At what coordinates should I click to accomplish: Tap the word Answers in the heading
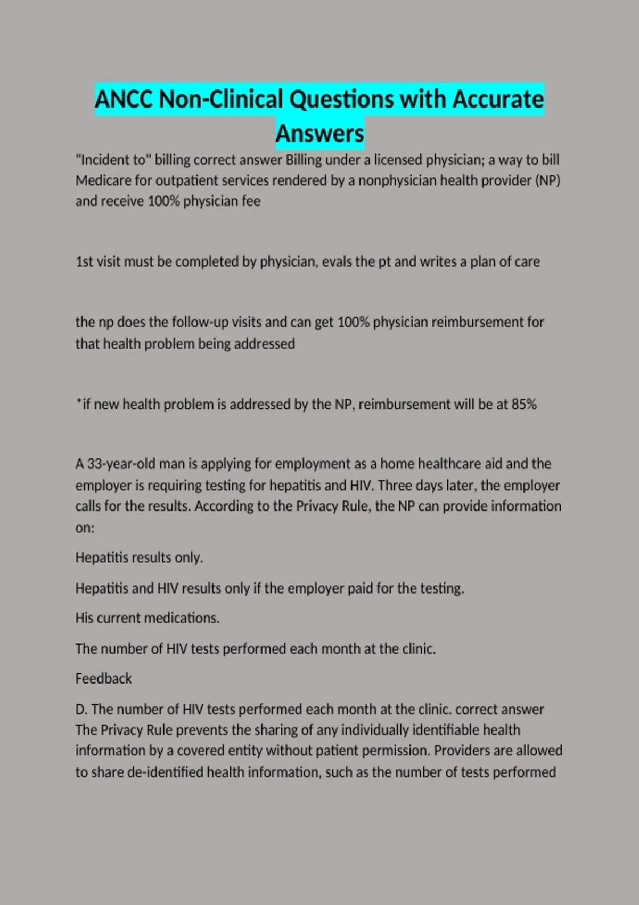pos(319,133)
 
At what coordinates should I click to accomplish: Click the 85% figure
pos(524,404)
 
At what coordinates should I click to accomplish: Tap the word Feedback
pos(103,678)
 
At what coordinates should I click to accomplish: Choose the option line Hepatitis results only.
pos(139,557)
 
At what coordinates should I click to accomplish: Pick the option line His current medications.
pos(147,618)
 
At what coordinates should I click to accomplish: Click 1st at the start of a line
pos(84,261)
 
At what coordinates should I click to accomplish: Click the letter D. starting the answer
pos(81,709)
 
